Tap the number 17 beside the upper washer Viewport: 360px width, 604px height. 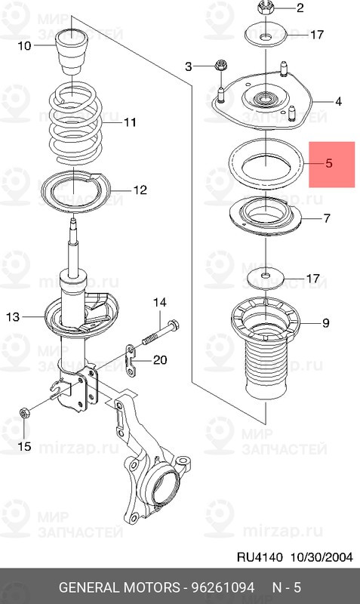coord(316,35)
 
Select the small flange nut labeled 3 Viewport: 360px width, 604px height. coord(219,67)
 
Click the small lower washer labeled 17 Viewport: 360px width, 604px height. coord(265,277)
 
